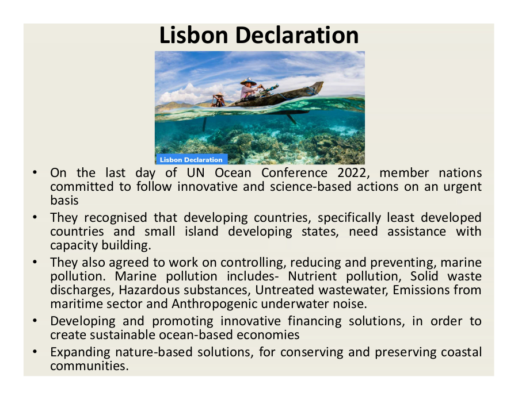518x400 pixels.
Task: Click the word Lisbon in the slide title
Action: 194,35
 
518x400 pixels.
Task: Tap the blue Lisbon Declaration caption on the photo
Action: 192,160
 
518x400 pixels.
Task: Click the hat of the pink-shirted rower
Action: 249,81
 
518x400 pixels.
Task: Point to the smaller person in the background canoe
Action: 218,99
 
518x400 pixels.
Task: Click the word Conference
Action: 294,173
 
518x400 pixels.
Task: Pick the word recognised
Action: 116,218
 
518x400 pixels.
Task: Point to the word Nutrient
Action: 312,276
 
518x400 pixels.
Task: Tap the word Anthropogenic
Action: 215,304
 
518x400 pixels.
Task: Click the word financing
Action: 314,321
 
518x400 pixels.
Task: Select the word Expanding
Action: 80,352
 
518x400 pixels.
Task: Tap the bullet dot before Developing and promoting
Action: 35,321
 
